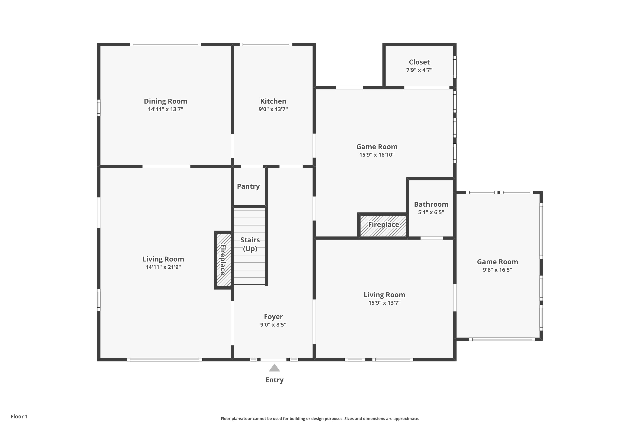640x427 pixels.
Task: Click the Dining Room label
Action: click(x=166, y=101)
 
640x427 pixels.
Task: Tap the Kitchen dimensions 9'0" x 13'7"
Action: click(x=273, y=109)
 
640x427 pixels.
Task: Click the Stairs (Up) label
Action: click(x=250, y=244)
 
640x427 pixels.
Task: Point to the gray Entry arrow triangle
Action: click(x=274, y=368)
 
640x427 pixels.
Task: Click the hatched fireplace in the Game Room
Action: click(x=383, y=226)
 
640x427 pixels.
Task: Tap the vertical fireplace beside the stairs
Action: click(x=224, y=260)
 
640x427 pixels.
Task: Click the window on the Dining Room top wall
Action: click(x=166, y=44)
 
